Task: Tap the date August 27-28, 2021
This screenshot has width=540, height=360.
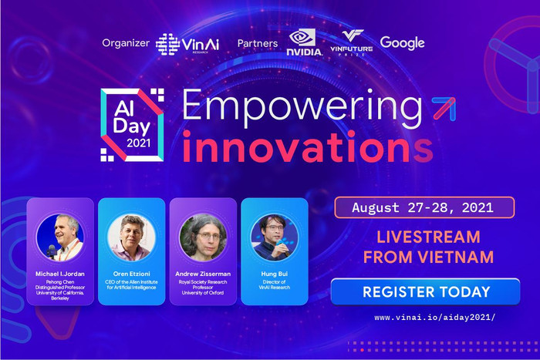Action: point(422,207)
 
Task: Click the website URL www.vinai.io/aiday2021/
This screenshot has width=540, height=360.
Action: point(433,318)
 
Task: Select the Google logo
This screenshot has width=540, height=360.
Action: point(403,43)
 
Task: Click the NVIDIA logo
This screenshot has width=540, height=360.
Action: point(303,43)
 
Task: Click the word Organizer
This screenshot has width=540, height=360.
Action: point(125,43)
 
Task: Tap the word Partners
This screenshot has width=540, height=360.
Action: point(257,43)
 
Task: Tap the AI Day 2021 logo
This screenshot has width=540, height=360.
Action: point(133,123)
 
